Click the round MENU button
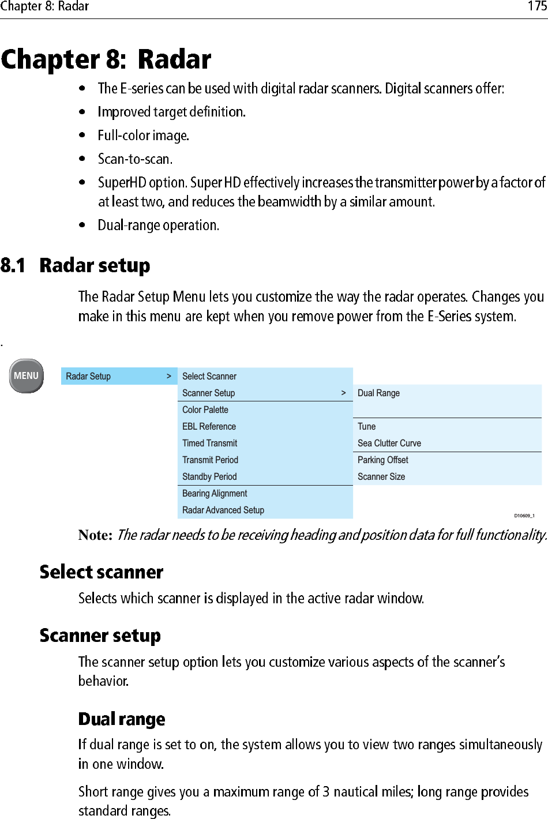pyautogui.click(x=27, y=376)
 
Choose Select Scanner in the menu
pyautogui.click(x=209, y=376)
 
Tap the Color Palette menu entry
pyautogui.click(x=205, y=409)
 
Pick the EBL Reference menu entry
pyautogui.click(x=209, y=426)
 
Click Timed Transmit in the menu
pyautogui.click(x=209, y=443)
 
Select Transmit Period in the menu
pyautogui.click(x=210, y=460)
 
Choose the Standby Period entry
pyautogui.click(x=209, y=476)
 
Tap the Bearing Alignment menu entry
pyautogui.click(x=215, y=493)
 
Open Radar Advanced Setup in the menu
pyautogui.click(x=223, y=510)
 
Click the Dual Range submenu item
pyautogui.click(x=378, y=393)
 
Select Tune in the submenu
pyautogui.click(x=366, y=426)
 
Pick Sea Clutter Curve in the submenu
pyautogui.click(x=389, y=443)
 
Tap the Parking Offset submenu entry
pyautogui.click(x=383, y=460)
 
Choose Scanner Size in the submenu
pyautogui.click(x=381, y=476)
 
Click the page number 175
pyautogui.click(x=537, y=6)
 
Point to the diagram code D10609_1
pyautogui.click(x=524, y=516)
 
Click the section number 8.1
pyautogui.click(x=13, y=265)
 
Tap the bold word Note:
pyautogui.click(x=95, y=535)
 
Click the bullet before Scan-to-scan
pyautogui.click(x=82, y=159)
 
